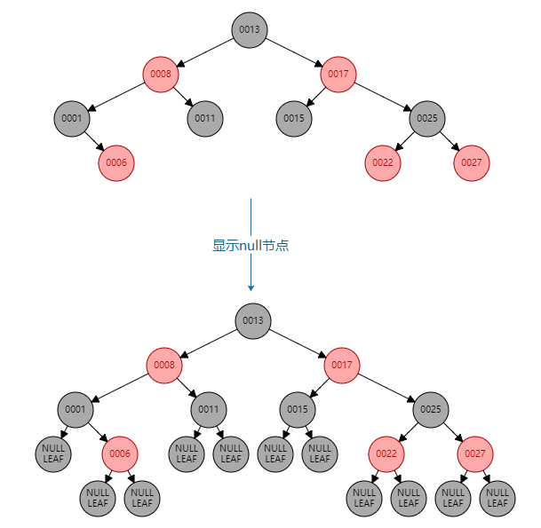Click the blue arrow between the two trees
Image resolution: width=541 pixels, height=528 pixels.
[x=251, y=222]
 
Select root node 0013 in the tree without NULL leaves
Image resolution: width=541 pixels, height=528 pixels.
[x=250, y=29]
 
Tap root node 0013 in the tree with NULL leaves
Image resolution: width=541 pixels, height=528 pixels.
[x=253, y=320]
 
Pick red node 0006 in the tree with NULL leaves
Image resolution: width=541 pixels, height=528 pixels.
[x=120, y=453]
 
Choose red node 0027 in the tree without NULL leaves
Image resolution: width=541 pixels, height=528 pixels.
[x=472, y=162]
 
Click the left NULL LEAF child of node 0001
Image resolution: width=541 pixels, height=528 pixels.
[x=53, y=453]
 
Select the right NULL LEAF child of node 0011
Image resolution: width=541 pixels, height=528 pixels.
[x=231, y=453]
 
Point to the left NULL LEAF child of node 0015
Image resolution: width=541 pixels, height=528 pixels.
[x=275, y=453]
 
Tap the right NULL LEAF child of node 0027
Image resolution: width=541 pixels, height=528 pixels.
[x=497, y=498]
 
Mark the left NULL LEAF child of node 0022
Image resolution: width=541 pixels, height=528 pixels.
[x=364, y=498]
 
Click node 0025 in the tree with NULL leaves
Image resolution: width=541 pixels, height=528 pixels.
[x=431, y=409]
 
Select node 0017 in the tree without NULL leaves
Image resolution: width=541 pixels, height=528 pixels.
[x=338, y=74]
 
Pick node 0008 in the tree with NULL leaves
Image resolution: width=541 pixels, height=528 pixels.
[x=164, y=365]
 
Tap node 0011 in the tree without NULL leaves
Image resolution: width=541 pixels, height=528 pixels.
[x=205, y=118]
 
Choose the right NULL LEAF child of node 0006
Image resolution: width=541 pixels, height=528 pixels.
[x=142, y=498]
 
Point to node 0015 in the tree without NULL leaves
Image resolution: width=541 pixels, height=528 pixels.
[x=294, y=118]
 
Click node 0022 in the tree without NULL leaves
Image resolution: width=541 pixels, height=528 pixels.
[x=383, y=162]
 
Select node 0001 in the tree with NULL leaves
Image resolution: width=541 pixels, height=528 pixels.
[x=76, y=409]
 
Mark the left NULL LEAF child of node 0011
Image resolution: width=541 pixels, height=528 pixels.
[x=187, y=453]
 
